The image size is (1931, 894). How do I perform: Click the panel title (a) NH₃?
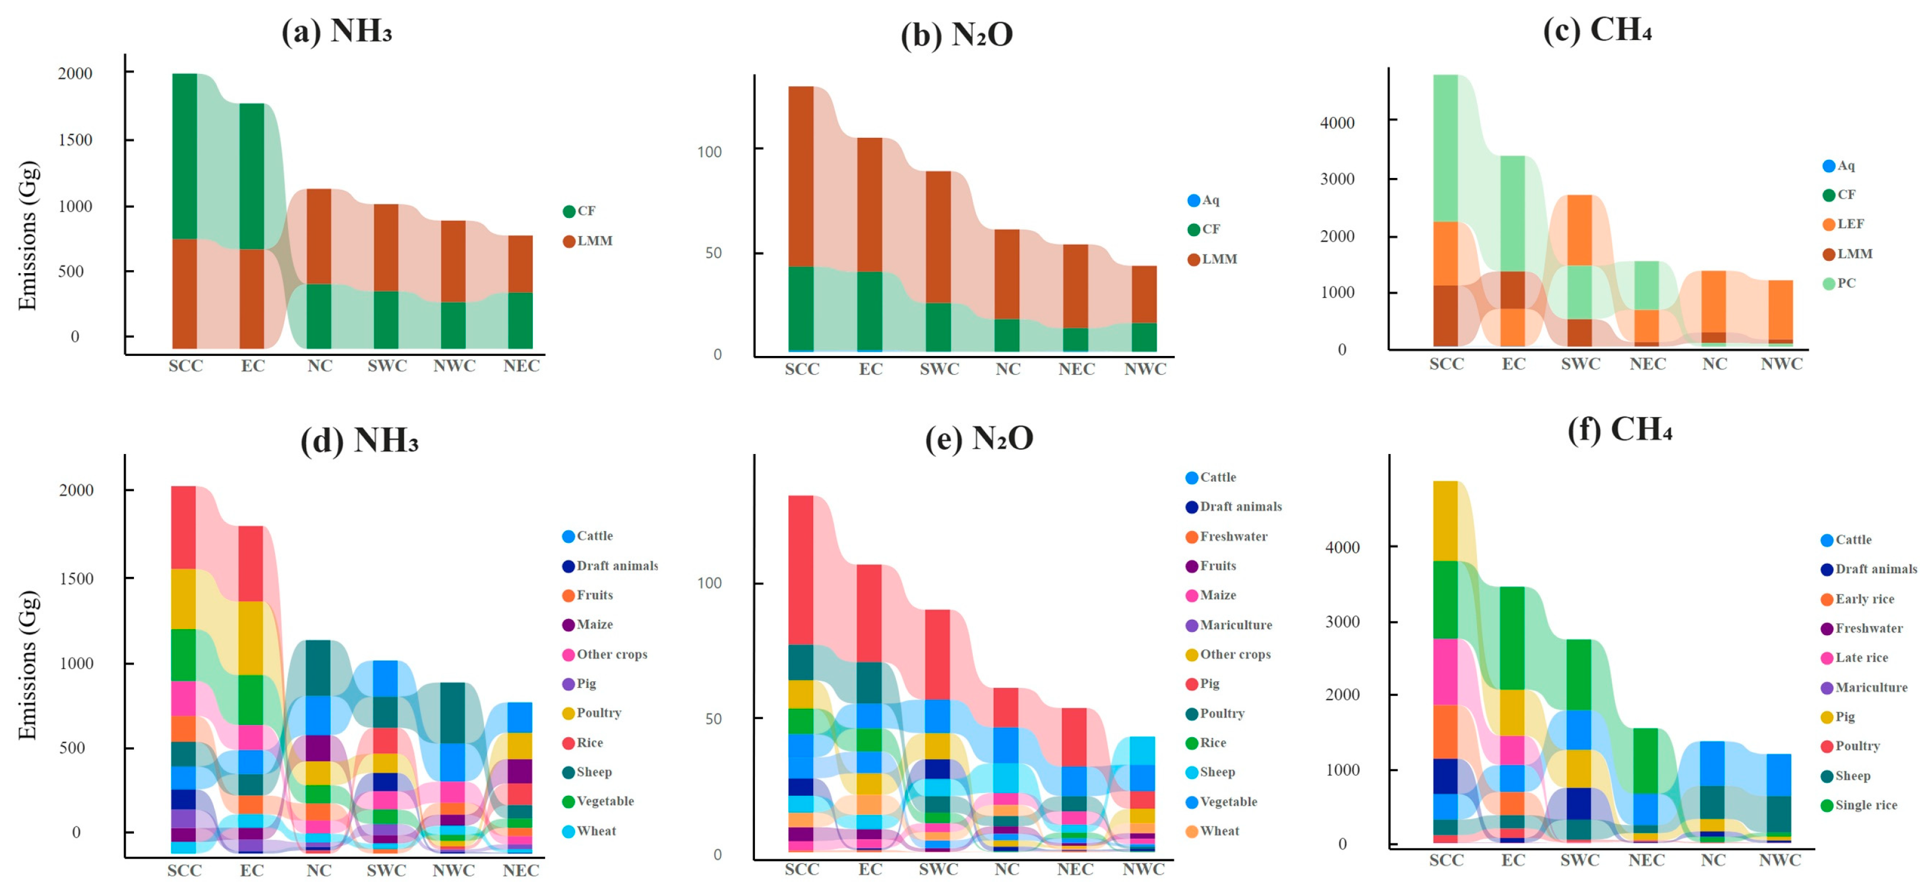coord(337,32)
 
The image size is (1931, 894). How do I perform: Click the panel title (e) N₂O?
coord(979,438)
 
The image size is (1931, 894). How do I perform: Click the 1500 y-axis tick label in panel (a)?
coord(75,140)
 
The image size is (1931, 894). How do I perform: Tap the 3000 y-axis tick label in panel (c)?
coord(1336,179)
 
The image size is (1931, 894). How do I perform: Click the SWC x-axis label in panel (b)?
coord(939,369)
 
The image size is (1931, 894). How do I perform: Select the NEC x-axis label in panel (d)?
coord(520,871)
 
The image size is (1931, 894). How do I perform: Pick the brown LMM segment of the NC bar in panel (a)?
coord(318,236)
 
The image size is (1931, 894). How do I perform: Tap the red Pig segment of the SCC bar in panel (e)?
coord(801,570)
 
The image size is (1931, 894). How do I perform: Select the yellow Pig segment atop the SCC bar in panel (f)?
coord(1445,521)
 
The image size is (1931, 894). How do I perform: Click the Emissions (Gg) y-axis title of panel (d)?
coord(28,665)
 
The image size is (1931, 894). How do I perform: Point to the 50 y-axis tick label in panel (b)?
coord(713,253)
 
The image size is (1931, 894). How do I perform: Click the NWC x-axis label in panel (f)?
coord(1779,861)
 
